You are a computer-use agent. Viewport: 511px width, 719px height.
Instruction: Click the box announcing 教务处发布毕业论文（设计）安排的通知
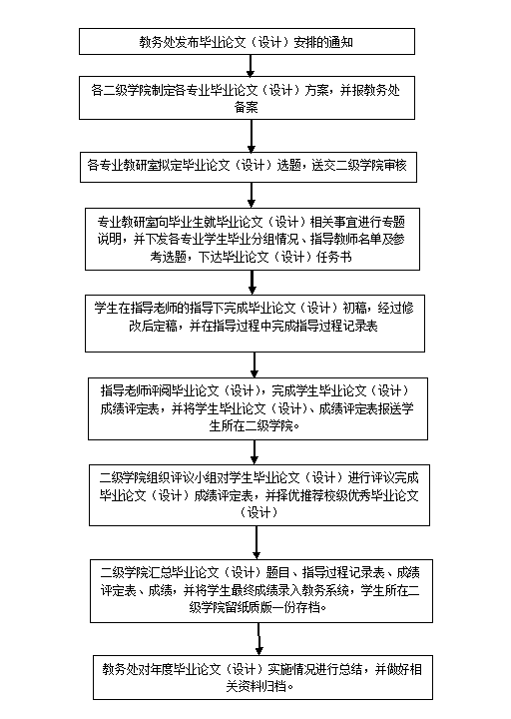[247, 42]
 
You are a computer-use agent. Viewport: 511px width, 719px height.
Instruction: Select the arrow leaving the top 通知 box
[251, 66]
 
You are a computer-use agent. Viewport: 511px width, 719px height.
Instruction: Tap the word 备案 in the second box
[247, 107]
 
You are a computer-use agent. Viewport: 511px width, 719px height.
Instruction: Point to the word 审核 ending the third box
[394, 165]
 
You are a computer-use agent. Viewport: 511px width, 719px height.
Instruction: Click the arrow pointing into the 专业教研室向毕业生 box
[252, 196]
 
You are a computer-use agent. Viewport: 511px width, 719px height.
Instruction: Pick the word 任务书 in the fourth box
[334, 257]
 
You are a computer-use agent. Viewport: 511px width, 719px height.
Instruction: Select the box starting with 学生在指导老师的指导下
[255, 324]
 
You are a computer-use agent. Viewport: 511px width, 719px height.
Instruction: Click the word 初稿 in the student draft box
[354, 308]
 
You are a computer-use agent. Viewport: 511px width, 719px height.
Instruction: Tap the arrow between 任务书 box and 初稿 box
[253, 283]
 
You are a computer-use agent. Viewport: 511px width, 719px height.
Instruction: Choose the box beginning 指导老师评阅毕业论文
[258, 408]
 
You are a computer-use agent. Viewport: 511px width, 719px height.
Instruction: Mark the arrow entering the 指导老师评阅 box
[255, 365]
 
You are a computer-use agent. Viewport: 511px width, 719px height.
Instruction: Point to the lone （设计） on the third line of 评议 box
[259, 512]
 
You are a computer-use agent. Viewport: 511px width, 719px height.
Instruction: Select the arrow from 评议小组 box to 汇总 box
[256, 542]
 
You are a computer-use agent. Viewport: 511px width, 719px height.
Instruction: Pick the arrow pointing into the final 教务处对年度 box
[258, 639]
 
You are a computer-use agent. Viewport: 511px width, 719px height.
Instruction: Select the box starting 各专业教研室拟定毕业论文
[249, 167]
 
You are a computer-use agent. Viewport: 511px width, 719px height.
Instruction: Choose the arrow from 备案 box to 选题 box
[252, 136]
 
